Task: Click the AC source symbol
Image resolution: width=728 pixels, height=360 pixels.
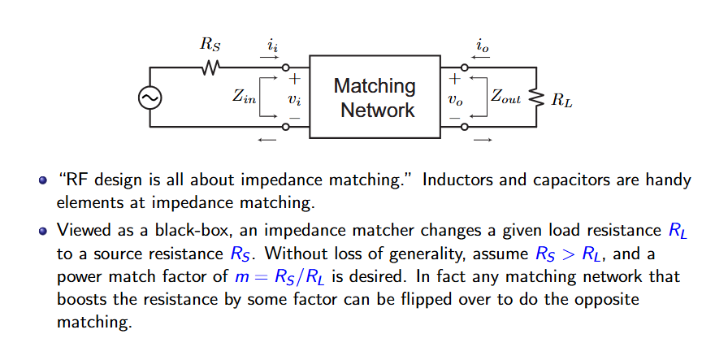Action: (x=150, y=98)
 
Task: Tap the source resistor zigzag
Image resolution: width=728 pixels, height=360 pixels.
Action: (x=210, y=67)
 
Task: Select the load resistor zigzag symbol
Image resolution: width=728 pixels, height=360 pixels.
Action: (x=536, y=98)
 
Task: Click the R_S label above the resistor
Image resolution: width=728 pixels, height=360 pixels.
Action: (x=210, y=45)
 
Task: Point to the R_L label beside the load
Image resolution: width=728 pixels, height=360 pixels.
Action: (x=561, y=99)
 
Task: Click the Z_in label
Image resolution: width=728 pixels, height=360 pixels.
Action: (x=245, y=97)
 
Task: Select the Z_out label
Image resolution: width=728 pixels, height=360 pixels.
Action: (x=506, y=97)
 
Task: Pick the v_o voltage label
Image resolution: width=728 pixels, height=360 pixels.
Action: (x=455, y=99)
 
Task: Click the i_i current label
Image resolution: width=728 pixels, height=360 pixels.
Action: (x=272, y=46)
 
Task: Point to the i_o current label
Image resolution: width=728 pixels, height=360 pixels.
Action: (x=483, y=46)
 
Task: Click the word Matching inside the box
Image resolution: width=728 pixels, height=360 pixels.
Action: (x=375, y=86)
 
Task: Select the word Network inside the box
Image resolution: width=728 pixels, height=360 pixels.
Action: (x=378, y=110)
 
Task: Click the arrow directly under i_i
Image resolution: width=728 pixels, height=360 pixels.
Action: (x=269, y=58)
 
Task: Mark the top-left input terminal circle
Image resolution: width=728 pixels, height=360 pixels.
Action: (x=286, y=67)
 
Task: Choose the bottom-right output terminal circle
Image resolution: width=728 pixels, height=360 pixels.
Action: (x=464, y=126)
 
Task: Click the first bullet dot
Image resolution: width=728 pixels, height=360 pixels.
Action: (x=43, y=180)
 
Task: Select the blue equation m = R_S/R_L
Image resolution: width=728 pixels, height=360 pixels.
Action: (x=279, y=277)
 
